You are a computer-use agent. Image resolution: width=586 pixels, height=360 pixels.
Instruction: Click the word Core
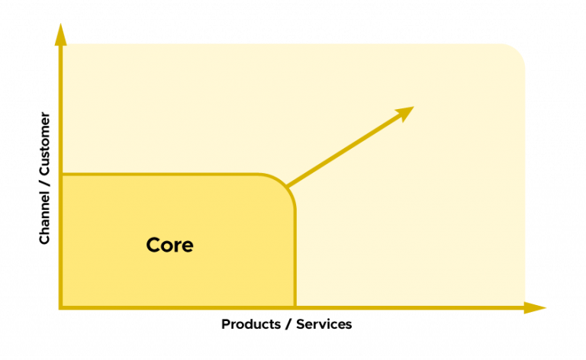(x=169, y=246)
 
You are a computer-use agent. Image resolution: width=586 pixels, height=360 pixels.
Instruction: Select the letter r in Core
(x=178, y=247)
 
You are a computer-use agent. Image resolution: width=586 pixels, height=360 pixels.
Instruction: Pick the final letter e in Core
(x=187, y=247)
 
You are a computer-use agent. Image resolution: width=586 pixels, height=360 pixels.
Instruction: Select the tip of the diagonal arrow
(x=411, y=108)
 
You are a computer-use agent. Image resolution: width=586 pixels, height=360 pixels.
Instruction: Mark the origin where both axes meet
(x=60, y=307)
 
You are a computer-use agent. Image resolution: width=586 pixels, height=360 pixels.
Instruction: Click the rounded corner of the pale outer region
(x=517, y=52)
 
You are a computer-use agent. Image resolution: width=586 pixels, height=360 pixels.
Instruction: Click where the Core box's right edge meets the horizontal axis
(x=295, y=307)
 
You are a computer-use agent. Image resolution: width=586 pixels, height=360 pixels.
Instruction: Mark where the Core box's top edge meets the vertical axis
(x=60, y=175)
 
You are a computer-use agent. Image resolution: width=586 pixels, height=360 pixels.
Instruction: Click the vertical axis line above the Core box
(x=60, y=107)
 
